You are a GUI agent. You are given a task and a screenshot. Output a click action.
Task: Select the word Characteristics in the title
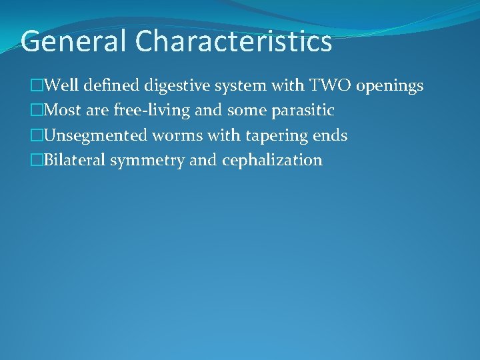click(x=233, y=41)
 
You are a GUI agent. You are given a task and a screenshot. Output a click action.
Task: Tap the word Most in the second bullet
click(x=63, y=111)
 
